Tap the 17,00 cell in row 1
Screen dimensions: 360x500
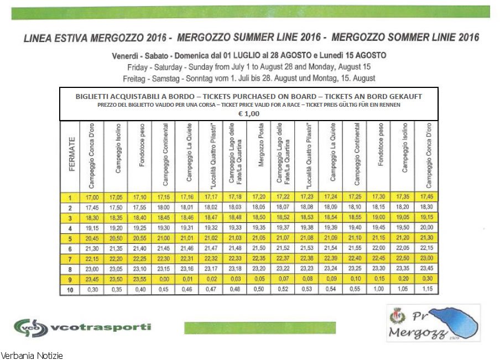pos(92,197)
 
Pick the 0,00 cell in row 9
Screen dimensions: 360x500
pos(164,279)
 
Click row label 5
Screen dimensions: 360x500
pos(71,238)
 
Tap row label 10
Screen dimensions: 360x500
pos(71,289)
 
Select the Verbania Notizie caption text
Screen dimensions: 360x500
pos(32,355)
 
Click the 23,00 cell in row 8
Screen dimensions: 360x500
pos(92,269)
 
